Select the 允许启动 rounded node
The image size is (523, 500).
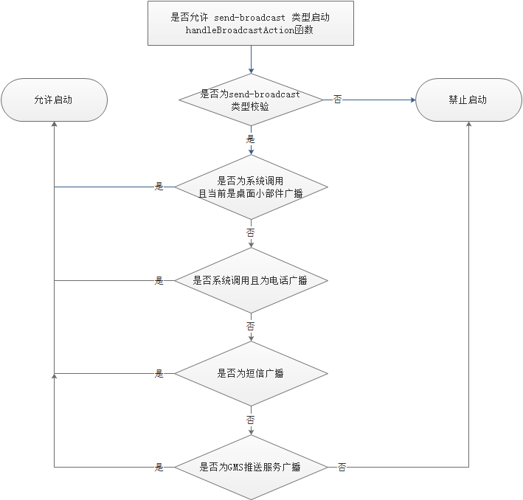[x=54, y=100]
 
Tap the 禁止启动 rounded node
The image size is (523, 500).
[x=468, y=100]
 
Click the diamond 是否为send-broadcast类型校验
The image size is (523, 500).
[x=250, y=100]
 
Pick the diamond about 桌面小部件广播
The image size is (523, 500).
[x=250, y=187]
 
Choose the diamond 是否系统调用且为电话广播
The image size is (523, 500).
[x=250, y=280]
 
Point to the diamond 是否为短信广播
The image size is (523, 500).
[x=250, y=373]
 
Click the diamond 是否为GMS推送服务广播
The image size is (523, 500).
[x=250, y=467]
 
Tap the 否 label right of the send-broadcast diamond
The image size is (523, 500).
[x=338, y=100]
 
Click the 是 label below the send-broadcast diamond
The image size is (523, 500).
[x=251, y=139]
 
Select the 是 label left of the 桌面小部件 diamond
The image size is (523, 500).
[x=159, y=187]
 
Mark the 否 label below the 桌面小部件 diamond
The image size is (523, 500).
[x=251, y=232]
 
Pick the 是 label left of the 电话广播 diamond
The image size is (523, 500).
[x=159, y=281]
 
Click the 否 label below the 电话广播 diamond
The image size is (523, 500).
[x=251, y=325]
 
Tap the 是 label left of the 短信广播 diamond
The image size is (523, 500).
[x=159, y=374]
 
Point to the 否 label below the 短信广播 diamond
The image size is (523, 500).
[x=251, y=419]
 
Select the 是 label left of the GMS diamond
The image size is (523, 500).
[x=159, y=468]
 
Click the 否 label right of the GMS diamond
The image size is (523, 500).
[x=342, y=468]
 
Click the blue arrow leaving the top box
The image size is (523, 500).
[x=251, y=59]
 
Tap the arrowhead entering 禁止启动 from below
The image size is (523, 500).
[x=468, y=126]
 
